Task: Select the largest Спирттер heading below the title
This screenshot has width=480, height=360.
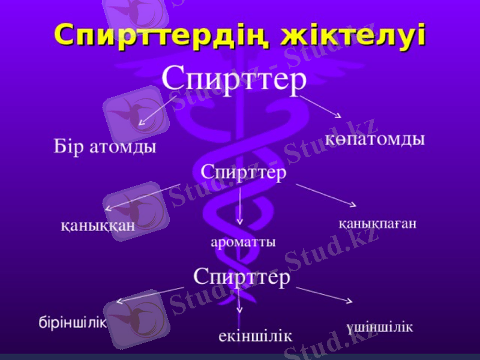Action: (235, 79)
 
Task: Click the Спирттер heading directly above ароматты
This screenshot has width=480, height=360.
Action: (243, 172)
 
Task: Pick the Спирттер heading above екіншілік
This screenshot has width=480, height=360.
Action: (242, 277)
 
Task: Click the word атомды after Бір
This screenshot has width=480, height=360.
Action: (122, 146)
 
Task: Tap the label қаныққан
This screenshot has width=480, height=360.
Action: (97, 226)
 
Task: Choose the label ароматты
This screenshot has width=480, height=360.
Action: (243, 242)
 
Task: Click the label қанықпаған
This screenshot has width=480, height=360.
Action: (377, 223)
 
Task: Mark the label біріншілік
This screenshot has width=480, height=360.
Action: (73, 322)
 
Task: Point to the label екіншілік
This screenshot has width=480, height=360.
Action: (255, 335)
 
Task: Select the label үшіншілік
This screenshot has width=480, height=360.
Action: (379, 327)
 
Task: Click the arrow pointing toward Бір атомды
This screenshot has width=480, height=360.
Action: (154, 112)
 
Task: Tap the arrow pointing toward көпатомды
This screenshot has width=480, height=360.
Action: (320, 106)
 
